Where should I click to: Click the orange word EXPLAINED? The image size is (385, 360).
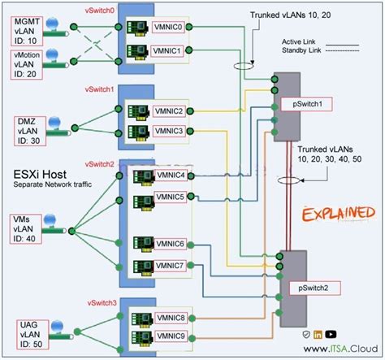click(335, 215)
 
